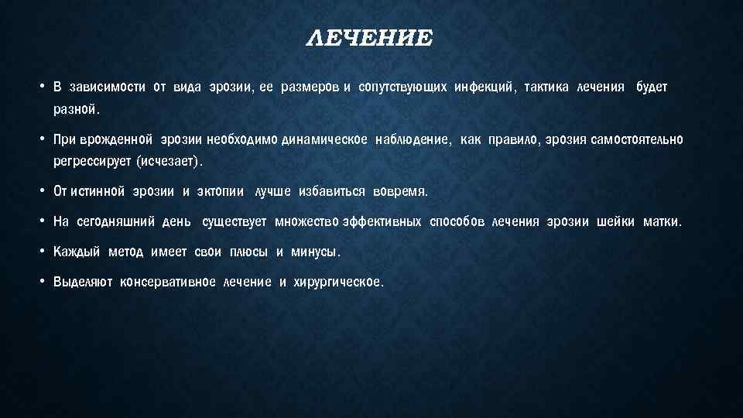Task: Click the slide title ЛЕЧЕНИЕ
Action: (370, 39)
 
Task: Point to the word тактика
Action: (546, 87)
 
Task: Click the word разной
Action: (76, 110)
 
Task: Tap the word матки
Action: (662, 222)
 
